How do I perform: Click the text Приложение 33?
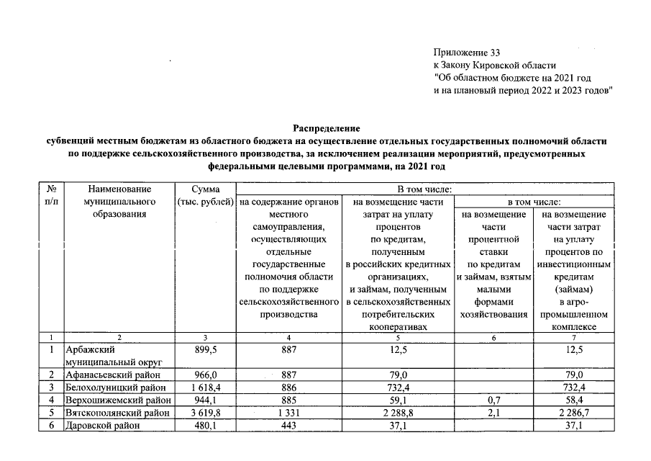pyautogui.click(x=466, y=53)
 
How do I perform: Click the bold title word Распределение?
pyautogui.click(x=325, y=127)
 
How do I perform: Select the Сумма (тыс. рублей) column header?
pyautogui.click(x=206, y=194)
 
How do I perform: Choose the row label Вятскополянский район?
pyautogui.click(x=118, y=413)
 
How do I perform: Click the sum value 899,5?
pyautogui.click(x=206, y=349)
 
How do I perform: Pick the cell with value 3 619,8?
pyautogui.click(x=206, y=413)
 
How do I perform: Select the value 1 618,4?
pyautogui.click(x=206, y=388)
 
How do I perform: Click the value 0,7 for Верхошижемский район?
pyautogui.click(x=493, y=400)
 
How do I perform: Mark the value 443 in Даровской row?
pyautogui.click(x=288, y=426)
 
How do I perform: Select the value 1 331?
pyautogui.click(x=288, y=413)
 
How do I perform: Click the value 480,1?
pyautogui.click(x=206, y=426)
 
